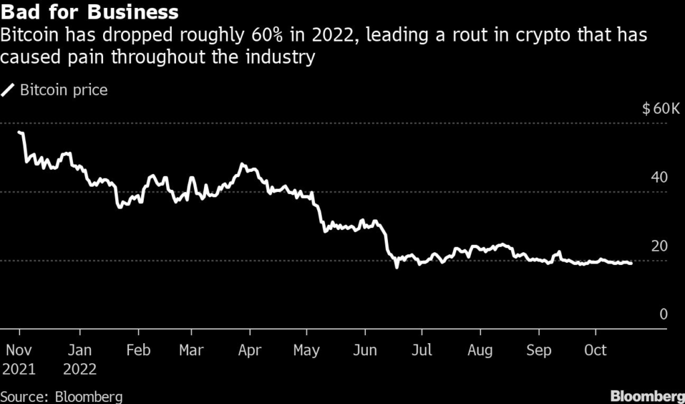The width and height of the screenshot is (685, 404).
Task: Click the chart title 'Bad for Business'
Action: point(91,12)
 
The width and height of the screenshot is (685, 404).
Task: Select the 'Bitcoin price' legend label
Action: point(64,90)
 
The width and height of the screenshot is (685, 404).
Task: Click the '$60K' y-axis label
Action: point(660,109)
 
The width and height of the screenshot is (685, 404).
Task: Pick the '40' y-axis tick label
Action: point(659,178)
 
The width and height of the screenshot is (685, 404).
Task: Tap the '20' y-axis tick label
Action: point(659,246)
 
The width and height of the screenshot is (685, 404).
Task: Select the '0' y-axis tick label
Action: point(664,314)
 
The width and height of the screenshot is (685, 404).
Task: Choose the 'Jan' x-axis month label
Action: point(80,350)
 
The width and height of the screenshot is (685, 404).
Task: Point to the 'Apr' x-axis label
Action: point(250,350)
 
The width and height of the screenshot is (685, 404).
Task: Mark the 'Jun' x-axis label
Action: point(365,350)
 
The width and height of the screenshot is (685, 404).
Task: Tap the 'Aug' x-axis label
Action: point(480,350)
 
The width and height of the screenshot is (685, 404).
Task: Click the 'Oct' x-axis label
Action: point(595,350)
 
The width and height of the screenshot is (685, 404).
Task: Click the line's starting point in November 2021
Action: point(19,132)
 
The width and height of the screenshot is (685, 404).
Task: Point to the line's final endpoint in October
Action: point(631,264)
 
